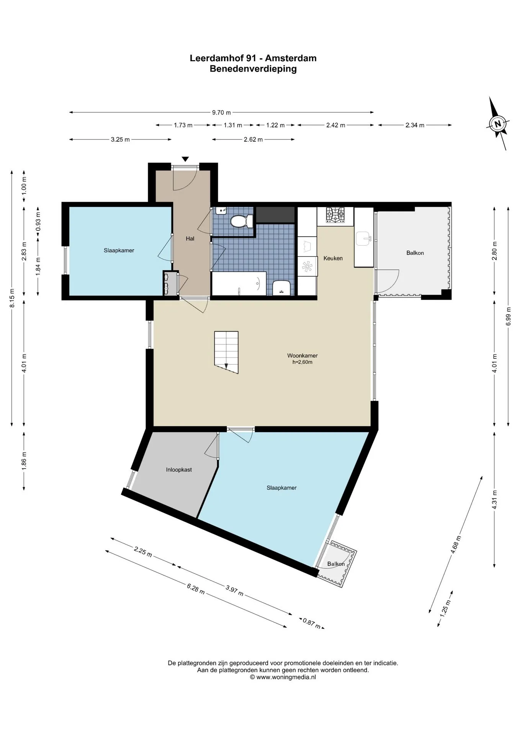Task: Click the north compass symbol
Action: pyautogui.click(x=498, y=123)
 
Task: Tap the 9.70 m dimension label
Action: pyautogui.click(x=222, y=113)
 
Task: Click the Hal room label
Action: pyautogui.click(x=190, y=238)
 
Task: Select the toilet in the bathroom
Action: pyautogui.click(x=242, y=221)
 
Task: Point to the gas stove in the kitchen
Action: pyautogui.click(x=335, y=215)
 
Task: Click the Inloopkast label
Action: pyautogui.click(x=179, y=470)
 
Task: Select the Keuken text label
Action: pyautogui.click(x=333, y=258)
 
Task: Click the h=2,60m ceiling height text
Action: pyautogui.click(x=303, y=362)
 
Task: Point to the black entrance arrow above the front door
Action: pyautogui.click(x=185, y=159)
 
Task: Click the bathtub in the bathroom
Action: pyautogui.click(x=239, y=284)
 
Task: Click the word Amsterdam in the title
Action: pyautogui.click(x=291, y=58)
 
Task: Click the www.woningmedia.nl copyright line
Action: pyautogui.click(x=283, y=677)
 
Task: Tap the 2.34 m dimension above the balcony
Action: pyautogui.click(x=415, y=125)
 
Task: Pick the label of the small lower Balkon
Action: pyautogui.click(x=336, y=564)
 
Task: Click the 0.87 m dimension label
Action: pyautogui.click(x=312, y=624)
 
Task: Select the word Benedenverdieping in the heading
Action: pyautogui.click(x=253, y=69)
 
